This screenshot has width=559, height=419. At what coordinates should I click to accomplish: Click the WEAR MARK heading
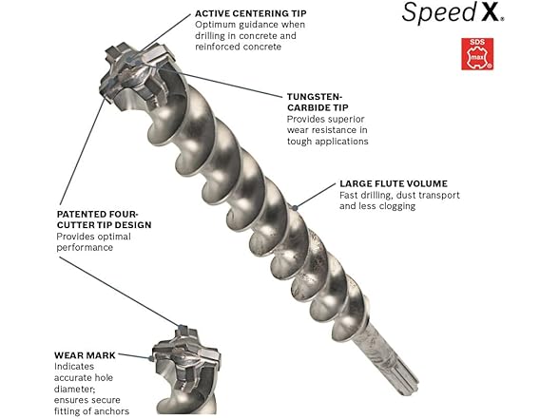[x=85, y=354]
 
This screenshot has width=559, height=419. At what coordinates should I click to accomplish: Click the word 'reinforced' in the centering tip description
[x=221, y=47]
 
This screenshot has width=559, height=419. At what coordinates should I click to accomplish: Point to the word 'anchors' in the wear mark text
[x=119, y=410]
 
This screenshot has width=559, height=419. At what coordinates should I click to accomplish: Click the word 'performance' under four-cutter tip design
[x=84, y=247]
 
